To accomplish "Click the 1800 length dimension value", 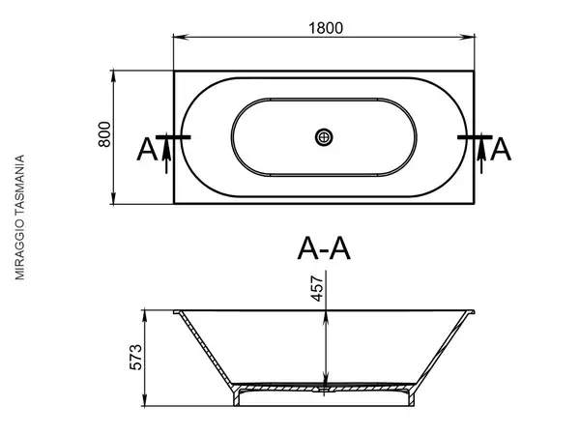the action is tap(326, 28).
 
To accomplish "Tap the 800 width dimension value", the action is tap(104, 134).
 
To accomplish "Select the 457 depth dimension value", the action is tap(317, 288).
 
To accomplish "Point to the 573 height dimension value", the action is tap(135, 357).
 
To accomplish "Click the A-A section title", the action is tap(324, 249).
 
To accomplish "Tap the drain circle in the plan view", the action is tap(324, 137).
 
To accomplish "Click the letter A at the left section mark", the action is tap(147, 150).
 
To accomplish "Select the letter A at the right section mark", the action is tap(501, 150).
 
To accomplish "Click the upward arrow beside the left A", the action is tap(166, 156).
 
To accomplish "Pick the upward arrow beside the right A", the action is tap(481, 156).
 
